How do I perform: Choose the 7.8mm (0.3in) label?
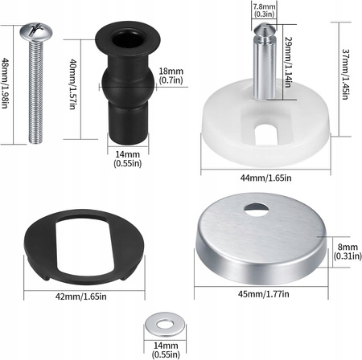click(x=262, y=10)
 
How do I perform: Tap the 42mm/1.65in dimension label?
click(x=80, y=297)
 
